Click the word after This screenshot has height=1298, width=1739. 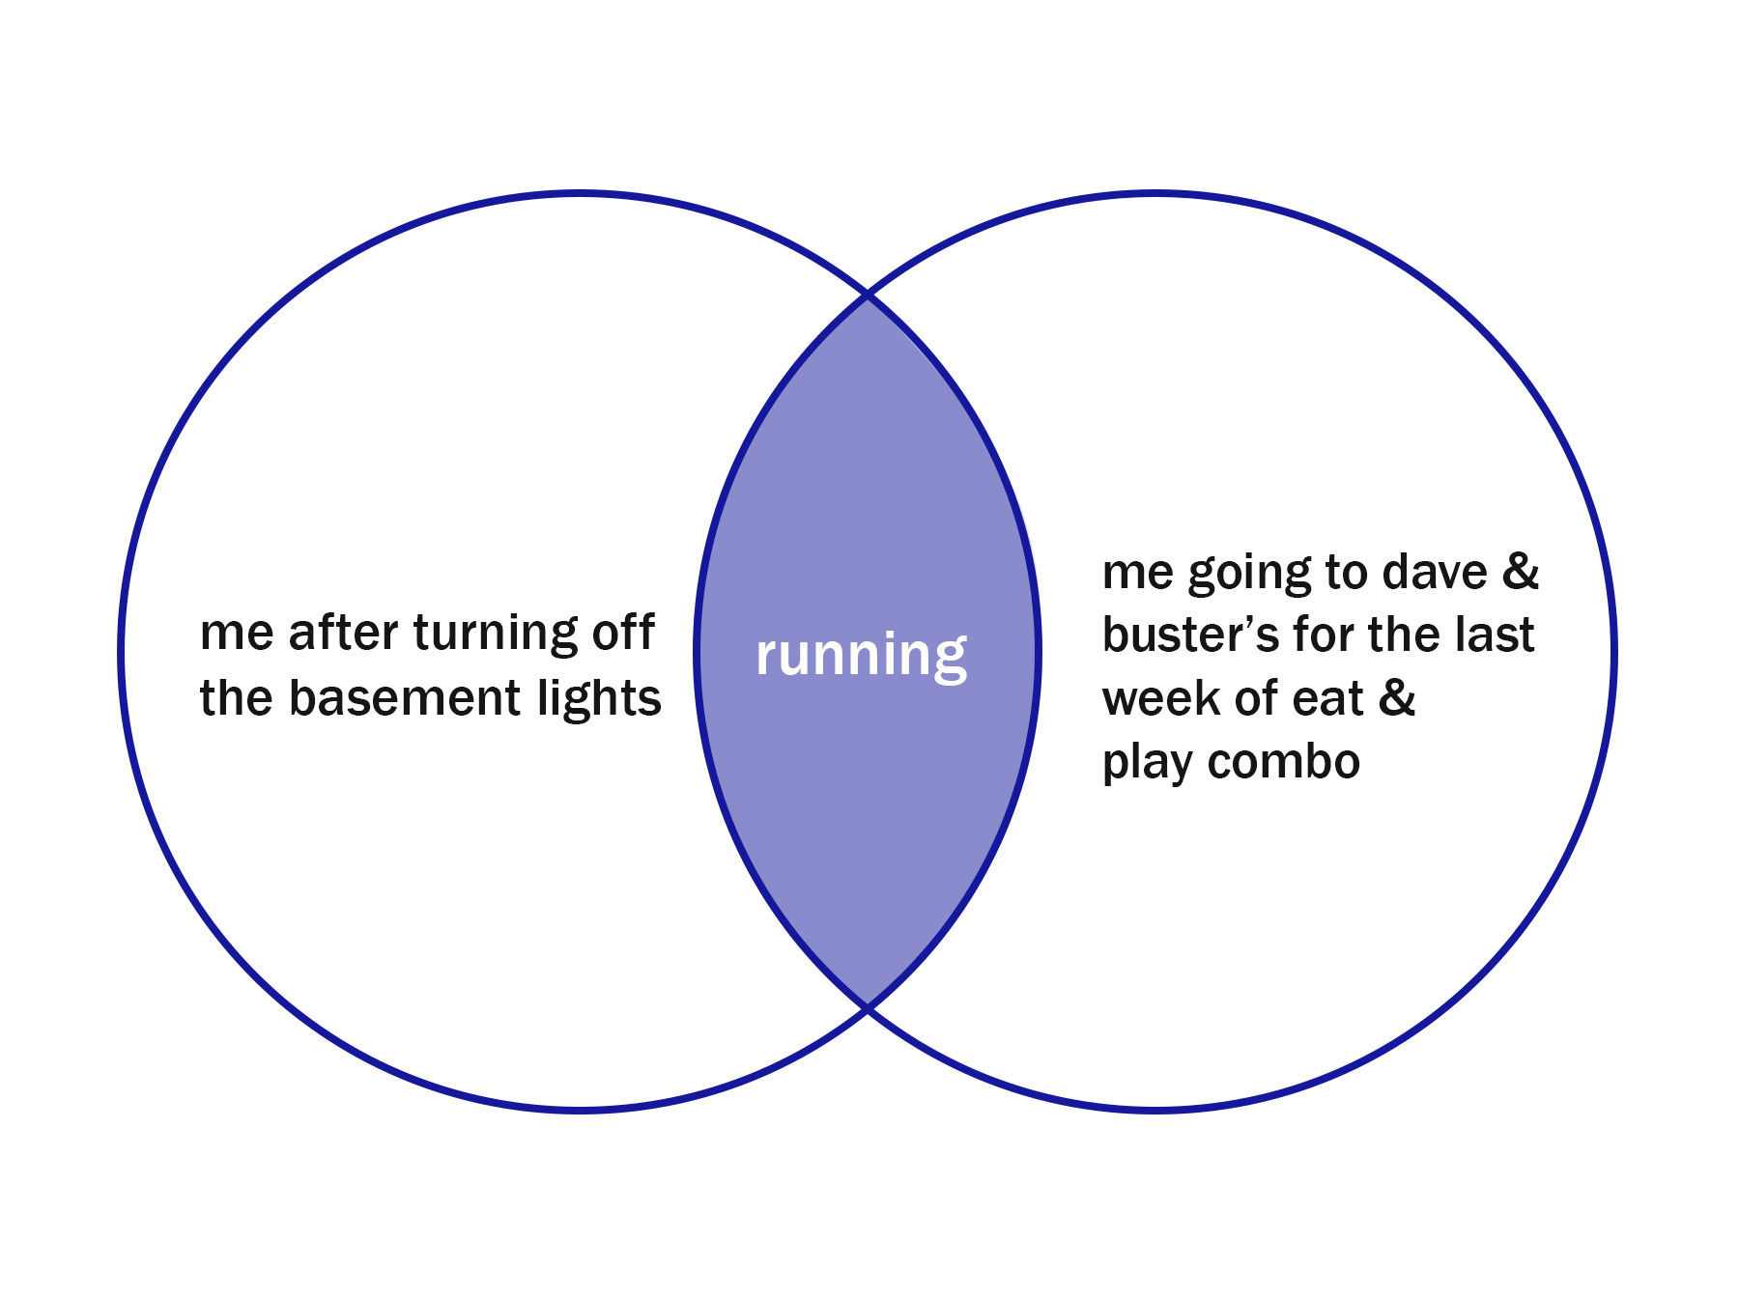[x=343, y=634]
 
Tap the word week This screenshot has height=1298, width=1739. [x=1161, y=698]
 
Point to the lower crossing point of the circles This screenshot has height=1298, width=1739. [x=868, y=1007]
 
